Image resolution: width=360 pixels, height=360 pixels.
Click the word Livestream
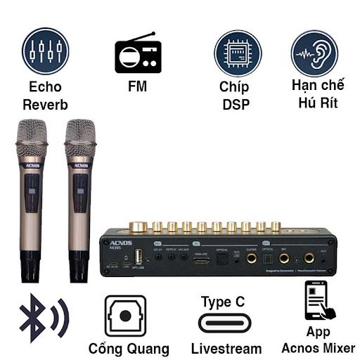tap(226, 349)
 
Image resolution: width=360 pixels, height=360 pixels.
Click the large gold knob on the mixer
tap(139, 225)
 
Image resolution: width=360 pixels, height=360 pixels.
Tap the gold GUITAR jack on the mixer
tap(251, 259)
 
